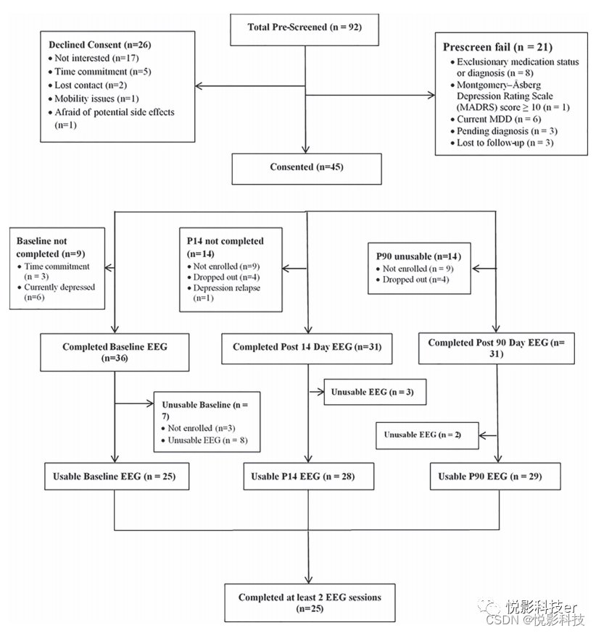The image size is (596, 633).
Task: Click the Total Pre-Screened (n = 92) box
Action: click(305, 28)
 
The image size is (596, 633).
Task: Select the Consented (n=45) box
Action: click(306, 167)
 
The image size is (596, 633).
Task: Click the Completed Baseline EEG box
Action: click(115, 353)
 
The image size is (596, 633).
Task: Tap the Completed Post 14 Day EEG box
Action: click(307, 348)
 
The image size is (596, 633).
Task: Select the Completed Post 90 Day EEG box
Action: click(496, 348)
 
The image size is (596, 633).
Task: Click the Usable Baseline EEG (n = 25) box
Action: click(115, 477)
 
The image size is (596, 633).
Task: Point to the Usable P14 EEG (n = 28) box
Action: click(308, 476)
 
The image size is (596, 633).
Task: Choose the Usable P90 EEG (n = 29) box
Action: click(496, 476)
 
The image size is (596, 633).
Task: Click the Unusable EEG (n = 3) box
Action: click(373, 392)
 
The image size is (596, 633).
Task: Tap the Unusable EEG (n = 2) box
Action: click(422, 435)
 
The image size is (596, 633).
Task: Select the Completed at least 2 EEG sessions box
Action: click(310, 603)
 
